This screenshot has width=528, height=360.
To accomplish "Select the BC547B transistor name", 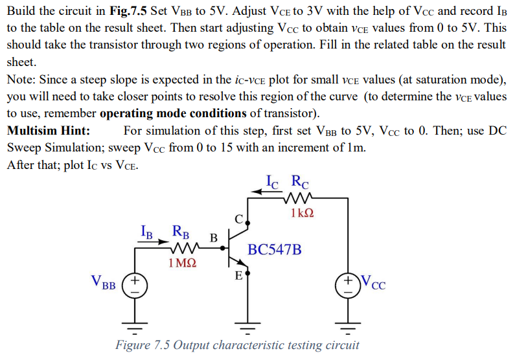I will click(x=275, y=249).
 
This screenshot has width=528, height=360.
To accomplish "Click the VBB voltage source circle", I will click(x=135, y=284).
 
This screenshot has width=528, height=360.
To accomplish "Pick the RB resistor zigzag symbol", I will click(x=181, y=249).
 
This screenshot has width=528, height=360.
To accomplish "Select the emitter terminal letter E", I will click(x=238, y=276).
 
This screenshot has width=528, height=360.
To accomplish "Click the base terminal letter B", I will click(x=213, y=237).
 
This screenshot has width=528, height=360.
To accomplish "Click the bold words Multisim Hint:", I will click(x=48, y=130).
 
